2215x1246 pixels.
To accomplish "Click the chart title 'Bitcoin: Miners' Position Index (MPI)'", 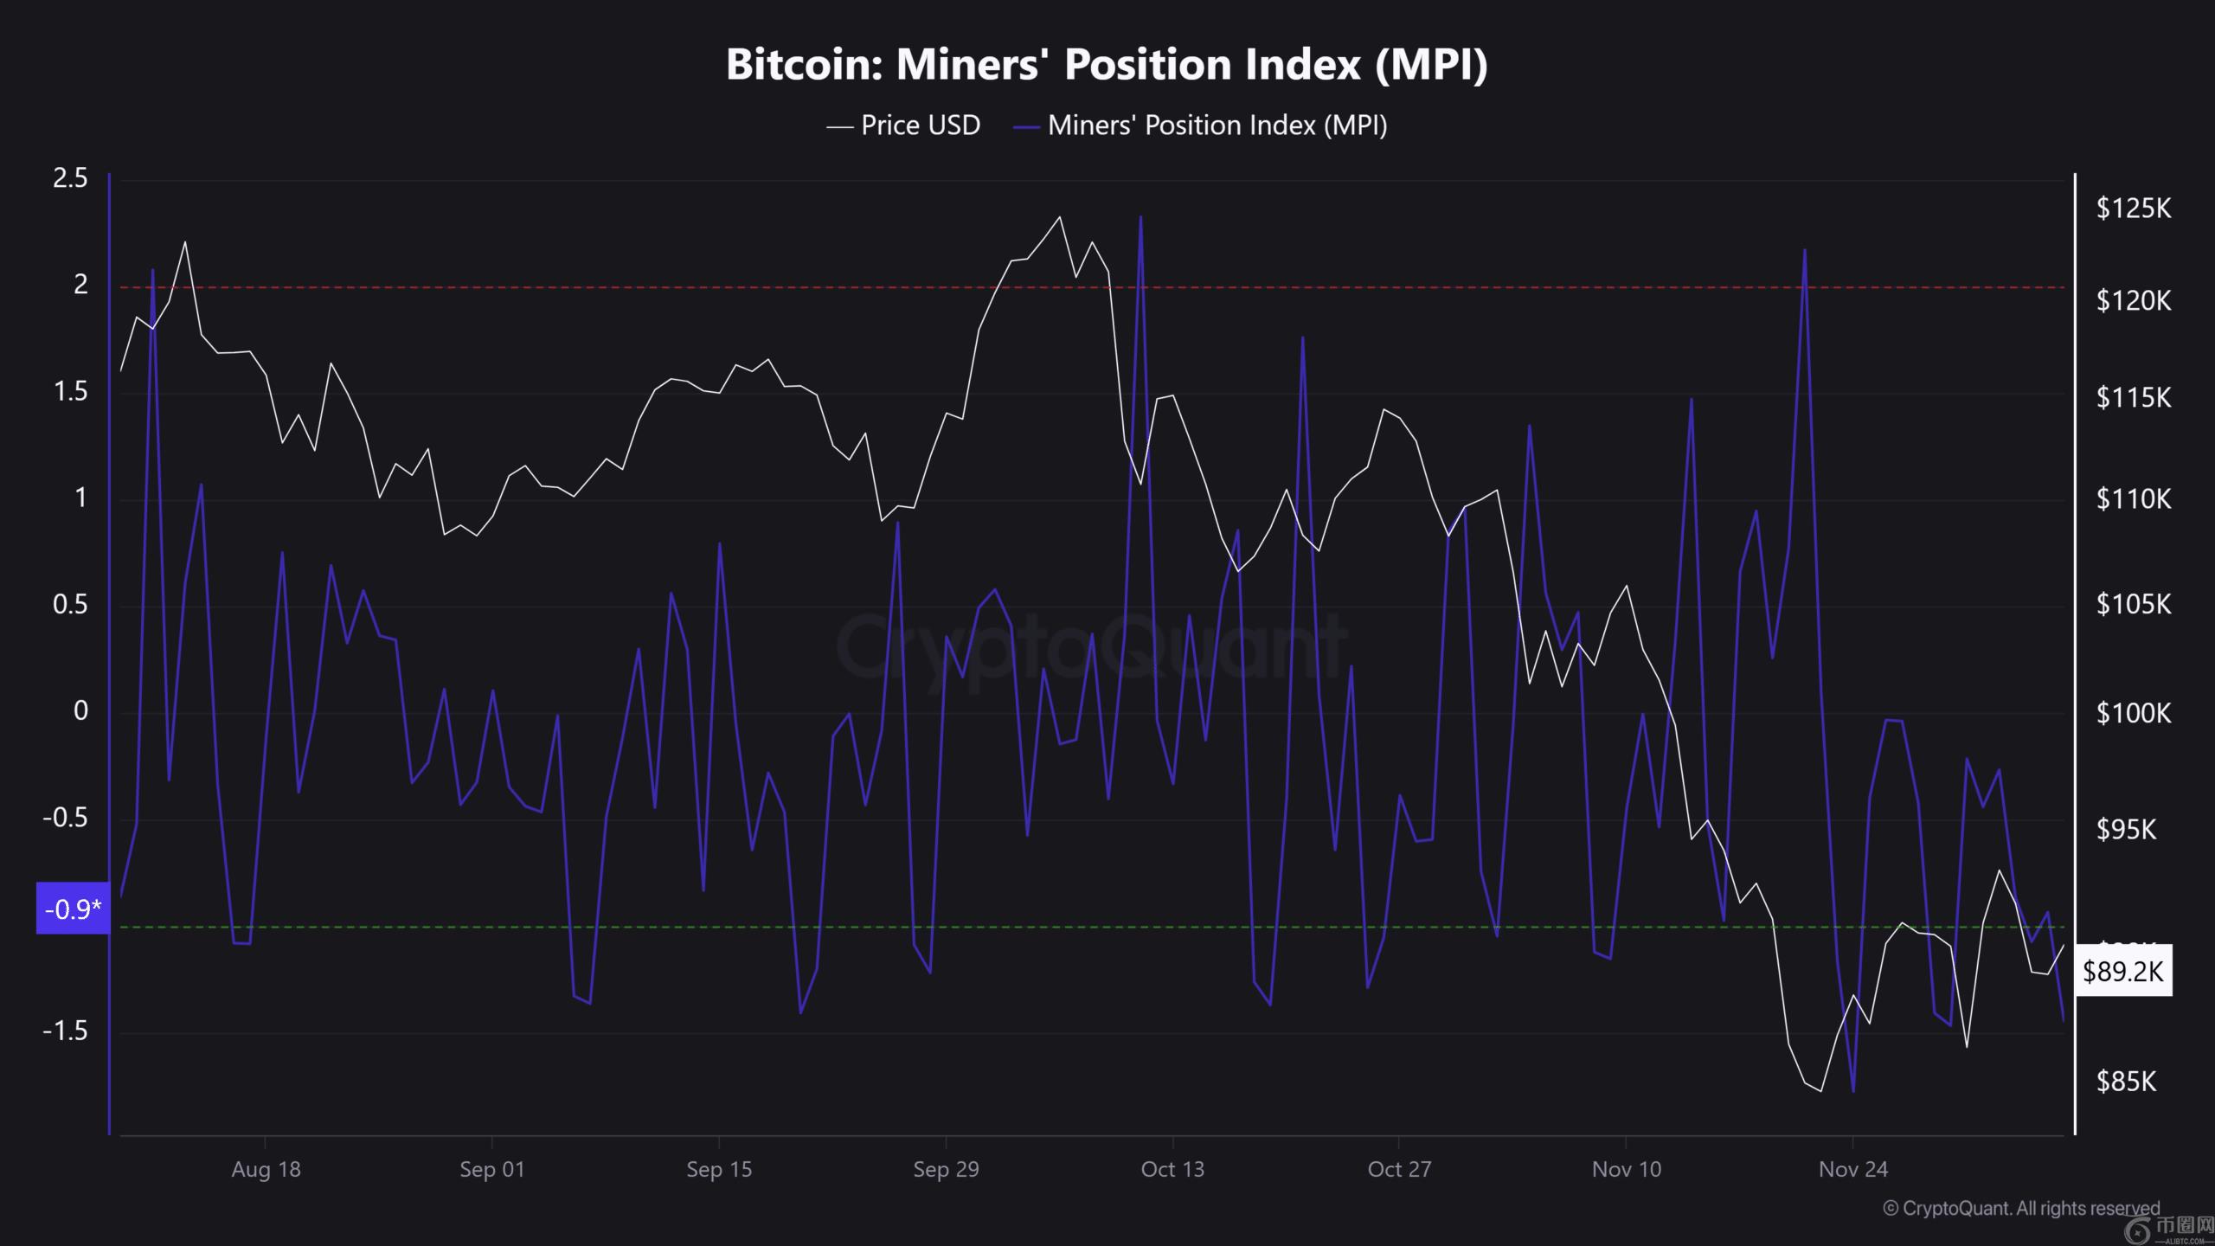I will [x=1107, y=65].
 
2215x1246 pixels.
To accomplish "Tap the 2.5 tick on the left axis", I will [x=70, y=178].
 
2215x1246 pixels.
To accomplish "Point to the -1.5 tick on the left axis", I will [x=65, y=1031].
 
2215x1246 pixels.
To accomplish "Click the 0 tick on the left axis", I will [x=80, y=711].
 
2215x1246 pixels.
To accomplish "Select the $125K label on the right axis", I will [x=2133, y=209].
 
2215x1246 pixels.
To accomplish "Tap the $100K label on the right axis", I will [x=2133, y=713].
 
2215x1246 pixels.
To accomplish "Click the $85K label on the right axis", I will [x=2126, y=1082].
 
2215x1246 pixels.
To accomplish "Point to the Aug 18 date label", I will [x=266, y=1170].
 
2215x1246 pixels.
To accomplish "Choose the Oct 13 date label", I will [x=1172, y=1170].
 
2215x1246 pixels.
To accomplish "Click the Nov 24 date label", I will [x=1852, y=1170].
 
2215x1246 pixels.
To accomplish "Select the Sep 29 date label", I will [x=946, y=1170].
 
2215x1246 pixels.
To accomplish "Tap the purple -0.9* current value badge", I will [x=73, y=909].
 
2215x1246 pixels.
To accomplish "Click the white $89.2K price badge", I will [x=2122, y=972].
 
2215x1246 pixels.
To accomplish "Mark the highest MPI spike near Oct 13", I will [x=1140, y=217].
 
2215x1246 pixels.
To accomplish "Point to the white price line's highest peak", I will [x=1060, y=217].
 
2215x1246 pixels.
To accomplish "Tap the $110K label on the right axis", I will [x=2133, y=499].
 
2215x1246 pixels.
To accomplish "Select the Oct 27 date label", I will [x=1399, y=1170].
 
